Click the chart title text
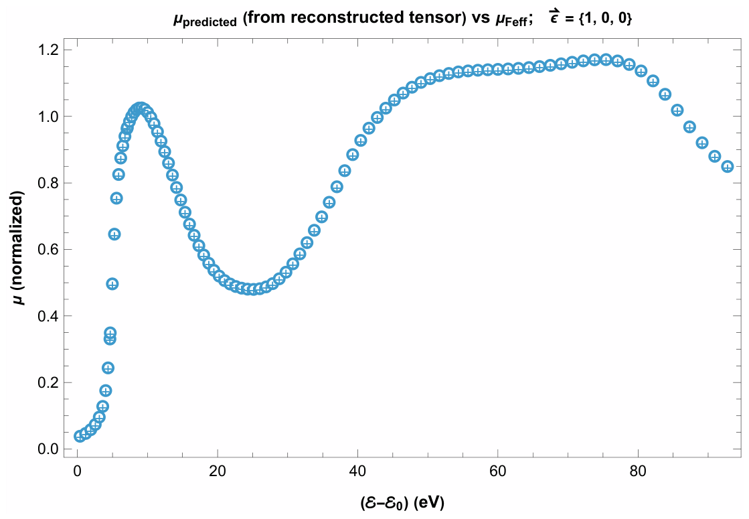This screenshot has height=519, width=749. coord(402,18)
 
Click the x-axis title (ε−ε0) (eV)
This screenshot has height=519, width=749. coord(402,502)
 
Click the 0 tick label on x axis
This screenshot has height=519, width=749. coord(78,471)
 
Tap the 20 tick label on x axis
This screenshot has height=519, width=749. coord(218,471)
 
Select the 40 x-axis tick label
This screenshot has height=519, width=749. coord(357,471)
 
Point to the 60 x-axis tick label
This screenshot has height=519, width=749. coord(498,471)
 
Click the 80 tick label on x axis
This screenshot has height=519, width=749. coord(638,471)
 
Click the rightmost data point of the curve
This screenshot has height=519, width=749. coord(728,167)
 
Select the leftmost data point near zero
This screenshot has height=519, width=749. coord(80,436)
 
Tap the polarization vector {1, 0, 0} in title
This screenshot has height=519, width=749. coord(604,19)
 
